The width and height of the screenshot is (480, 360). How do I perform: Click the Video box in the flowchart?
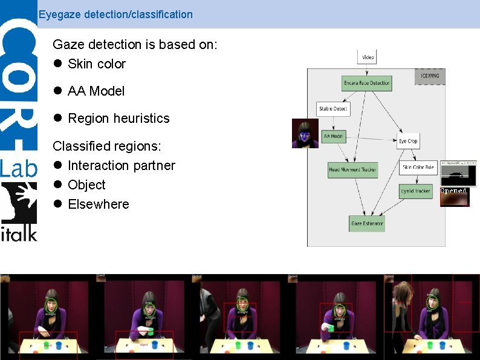[x=368, y=57]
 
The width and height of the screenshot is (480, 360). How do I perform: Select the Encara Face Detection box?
[x=366, y=83]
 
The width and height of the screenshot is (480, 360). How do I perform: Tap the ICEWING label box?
[x=430, y=76]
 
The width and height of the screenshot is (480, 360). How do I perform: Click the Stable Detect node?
[x=333, y=109]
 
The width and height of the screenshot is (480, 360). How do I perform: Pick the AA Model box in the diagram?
[x=333, y=137]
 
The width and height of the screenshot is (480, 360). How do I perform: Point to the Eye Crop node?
[x=408, y=141]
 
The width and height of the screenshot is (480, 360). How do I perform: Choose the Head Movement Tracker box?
[x=352, y=169]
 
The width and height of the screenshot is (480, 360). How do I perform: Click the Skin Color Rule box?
[x=418, y=167]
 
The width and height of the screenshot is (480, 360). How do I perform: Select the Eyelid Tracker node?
[x=415, y=191]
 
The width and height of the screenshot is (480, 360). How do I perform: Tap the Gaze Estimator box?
[x=367, y=224]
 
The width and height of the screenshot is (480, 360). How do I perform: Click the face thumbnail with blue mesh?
[x=305, y=133]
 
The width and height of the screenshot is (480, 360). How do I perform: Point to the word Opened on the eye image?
[x=453, y=191]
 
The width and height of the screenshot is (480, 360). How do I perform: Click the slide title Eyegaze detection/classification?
[x=115, y=14]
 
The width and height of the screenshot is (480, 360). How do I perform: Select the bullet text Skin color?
[x=97, y=64]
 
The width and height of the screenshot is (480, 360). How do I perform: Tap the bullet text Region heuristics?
[x=118, y=118]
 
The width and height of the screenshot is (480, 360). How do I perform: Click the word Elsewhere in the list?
[x=99, y=204]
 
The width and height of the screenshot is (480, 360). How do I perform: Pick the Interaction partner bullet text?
[x=122, y=165]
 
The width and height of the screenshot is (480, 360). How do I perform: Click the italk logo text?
[x=19, y=232]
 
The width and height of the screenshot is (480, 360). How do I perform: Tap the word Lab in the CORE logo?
[x=18, y=167]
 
